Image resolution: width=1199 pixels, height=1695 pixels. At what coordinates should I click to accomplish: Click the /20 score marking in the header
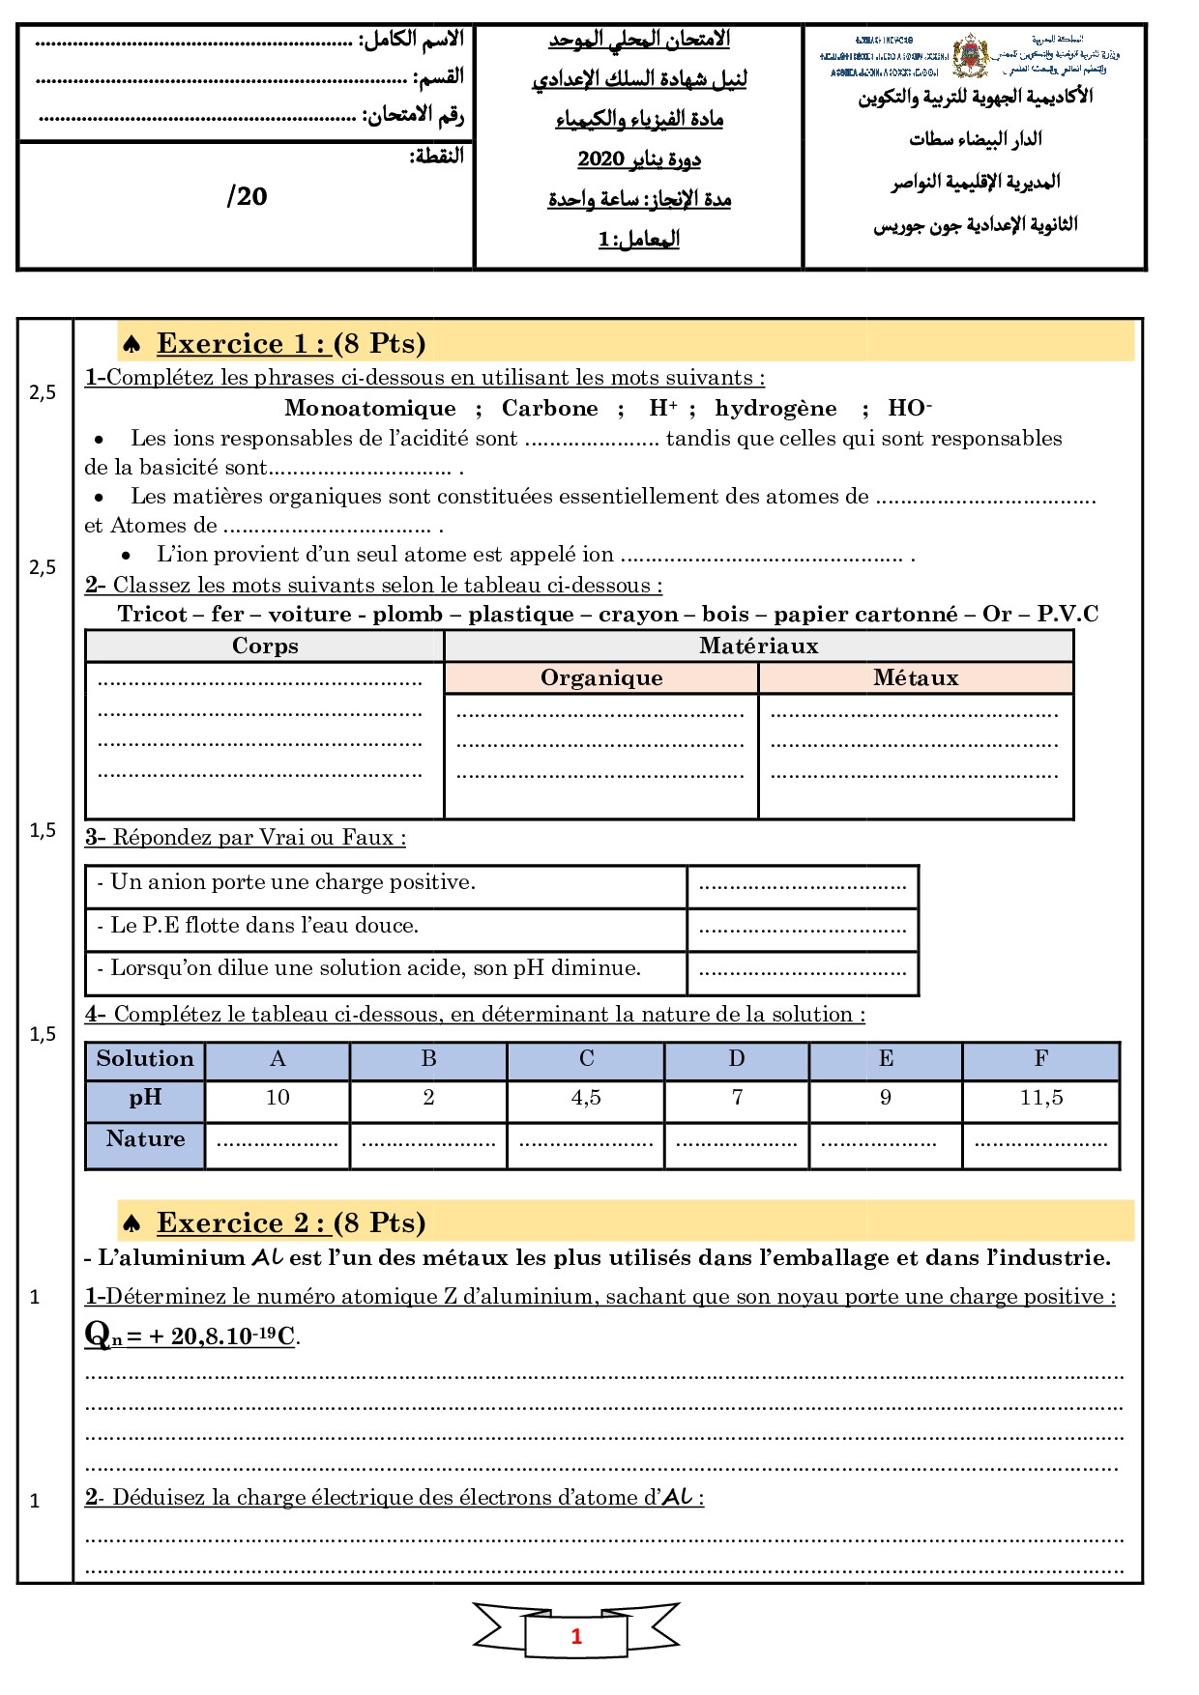tap(247, 197)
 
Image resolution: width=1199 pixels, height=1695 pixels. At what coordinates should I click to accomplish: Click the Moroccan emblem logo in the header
tap(969, 56)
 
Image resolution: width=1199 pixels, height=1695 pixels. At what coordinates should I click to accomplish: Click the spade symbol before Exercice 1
tap(132, 344)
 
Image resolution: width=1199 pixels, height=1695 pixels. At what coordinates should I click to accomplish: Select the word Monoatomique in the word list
tap(369, 408)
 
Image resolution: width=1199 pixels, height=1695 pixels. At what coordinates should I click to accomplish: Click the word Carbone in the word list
tap(549, 408)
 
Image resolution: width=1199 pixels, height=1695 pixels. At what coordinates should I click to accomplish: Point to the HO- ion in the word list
tap(909, 408)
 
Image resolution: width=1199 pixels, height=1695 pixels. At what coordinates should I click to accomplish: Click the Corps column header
tap(265, 646)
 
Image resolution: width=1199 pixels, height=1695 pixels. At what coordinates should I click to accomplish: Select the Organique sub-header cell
tap(600, 678)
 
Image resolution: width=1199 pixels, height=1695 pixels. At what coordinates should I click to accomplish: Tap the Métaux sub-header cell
tap(915, 678)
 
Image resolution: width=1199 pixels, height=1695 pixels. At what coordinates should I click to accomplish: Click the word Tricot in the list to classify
tap(152, 615)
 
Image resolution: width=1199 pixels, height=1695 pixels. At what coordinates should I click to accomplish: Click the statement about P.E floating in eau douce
tap(264, 926)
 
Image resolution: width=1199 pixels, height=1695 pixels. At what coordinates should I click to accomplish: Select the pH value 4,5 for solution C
tap(586, 1098)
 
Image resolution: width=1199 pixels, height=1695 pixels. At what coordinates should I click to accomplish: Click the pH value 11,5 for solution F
tap(1040, 1098)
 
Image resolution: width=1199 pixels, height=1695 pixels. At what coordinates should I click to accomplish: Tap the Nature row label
tap(145, 1139)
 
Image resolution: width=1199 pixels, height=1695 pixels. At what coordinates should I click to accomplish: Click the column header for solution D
tap(736, 1059)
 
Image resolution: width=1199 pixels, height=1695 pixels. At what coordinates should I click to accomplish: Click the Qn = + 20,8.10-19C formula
tap(191, 1336)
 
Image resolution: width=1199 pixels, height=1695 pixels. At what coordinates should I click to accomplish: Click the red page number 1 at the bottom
tap(576, 1636)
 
